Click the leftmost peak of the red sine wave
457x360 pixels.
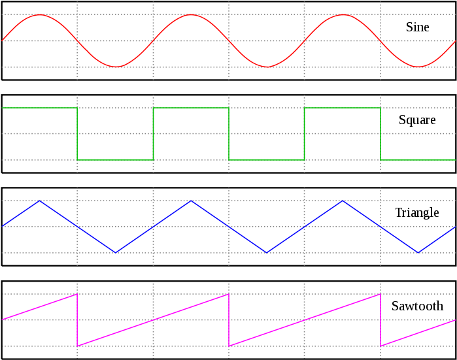tap(40, 14)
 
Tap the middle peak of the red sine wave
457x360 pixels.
tap(191, 14)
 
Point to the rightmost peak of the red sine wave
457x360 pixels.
tap(343, 14)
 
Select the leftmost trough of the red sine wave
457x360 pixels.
tap(116, 67)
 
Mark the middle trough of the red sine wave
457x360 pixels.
tap(267, 67)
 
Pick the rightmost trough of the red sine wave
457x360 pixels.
tap(418, 67)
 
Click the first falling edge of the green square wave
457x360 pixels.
tap(77, 134)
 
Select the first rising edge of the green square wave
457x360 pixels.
tap(153, 134)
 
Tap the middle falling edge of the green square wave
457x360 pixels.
tap(229, 134)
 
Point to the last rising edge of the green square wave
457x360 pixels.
tap(305, 134)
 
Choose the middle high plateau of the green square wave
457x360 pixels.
tap(191, 108)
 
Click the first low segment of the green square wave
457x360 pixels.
tap(115, 160)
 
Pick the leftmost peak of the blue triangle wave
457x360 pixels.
tap(40, 201)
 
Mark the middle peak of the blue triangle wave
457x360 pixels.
tap(191, 201)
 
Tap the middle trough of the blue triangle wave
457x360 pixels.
tap(267, 252)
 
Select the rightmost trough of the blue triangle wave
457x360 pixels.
tap(418, 252)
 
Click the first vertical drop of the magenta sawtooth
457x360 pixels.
tap(77, 320)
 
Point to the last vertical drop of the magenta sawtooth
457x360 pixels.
tap(381, 320)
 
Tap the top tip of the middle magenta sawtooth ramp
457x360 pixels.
tap(229, 294)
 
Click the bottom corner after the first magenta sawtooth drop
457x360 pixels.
tap(77, 346)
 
